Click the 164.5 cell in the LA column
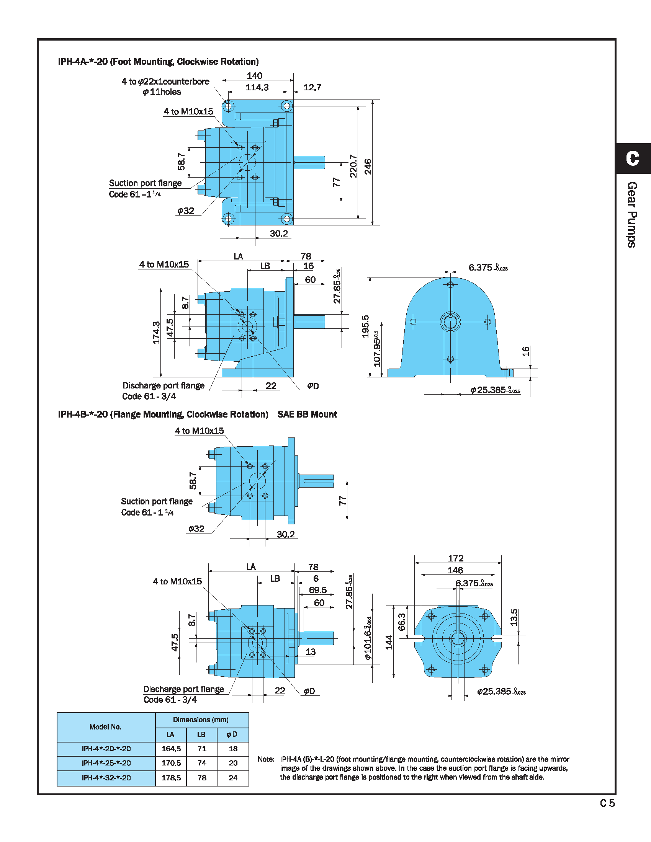coord(171,749)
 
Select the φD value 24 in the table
coord(233,778)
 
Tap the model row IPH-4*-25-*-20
coord(106,763)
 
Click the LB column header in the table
coord(201,734)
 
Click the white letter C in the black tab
coord(633,158)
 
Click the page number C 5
coord(607,803)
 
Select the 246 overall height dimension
coord(368,166)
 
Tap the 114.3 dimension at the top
coord(257,88)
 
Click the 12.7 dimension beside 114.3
coord(312,88)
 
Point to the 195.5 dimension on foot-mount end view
coord(365,326)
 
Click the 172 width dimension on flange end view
coord(455,558)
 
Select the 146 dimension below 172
coord(455,570)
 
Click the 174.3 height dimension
coord(156,332)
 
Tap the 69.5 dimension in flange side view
coord(317,590)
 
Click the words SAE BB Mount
coord(307,414)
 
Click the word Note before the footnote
coord(266,759)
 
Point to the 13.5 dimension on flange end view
coord(514,617)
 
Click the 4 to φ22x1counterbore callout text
coord(165,82)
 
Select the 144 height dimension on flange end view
coord(389,642)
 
